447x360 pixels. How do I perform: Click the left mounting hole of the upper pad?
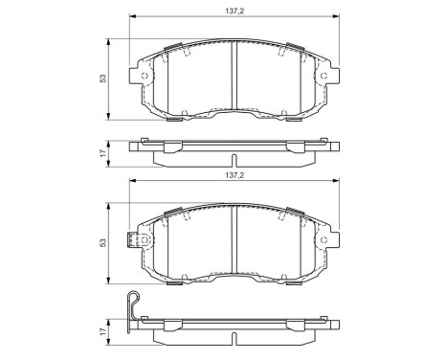coord(145,77)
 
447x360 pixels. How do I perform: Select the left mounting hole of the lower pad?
coord(145,241)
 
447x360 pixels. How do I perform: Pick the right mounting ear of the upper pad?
coord(333,77)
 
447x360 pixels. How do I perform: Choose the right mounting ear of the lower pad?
coord(333,241)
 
